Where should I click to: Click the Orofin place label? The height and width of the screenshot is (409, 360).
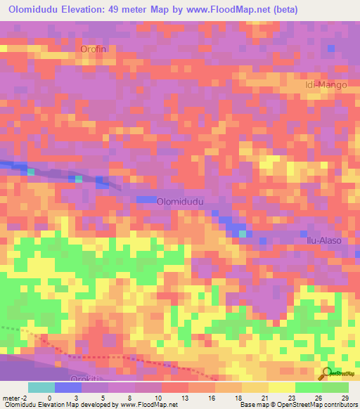click(x=97, y=49)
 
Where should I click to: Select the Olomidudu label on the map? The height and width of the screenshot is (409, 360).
click(x=180, y=201)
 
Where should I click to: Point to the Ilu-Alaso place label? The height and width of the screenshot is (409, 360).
click(x=323, y=240)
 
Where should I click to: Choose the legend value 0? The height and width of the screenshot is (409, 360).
click(x=49, y=398)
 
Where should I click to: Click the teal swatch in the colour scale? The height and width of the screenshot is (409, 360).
click(x=41, y=387)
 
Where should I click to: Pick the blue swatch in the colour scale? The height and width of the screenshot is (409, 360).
click(x=68, y=387)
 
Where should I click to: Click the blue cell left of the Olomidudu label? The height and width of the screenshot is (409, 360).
click(x=146, y=200)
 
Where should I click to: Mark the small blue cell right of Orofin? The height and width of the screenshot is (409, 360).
click(x=331, y=47)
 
